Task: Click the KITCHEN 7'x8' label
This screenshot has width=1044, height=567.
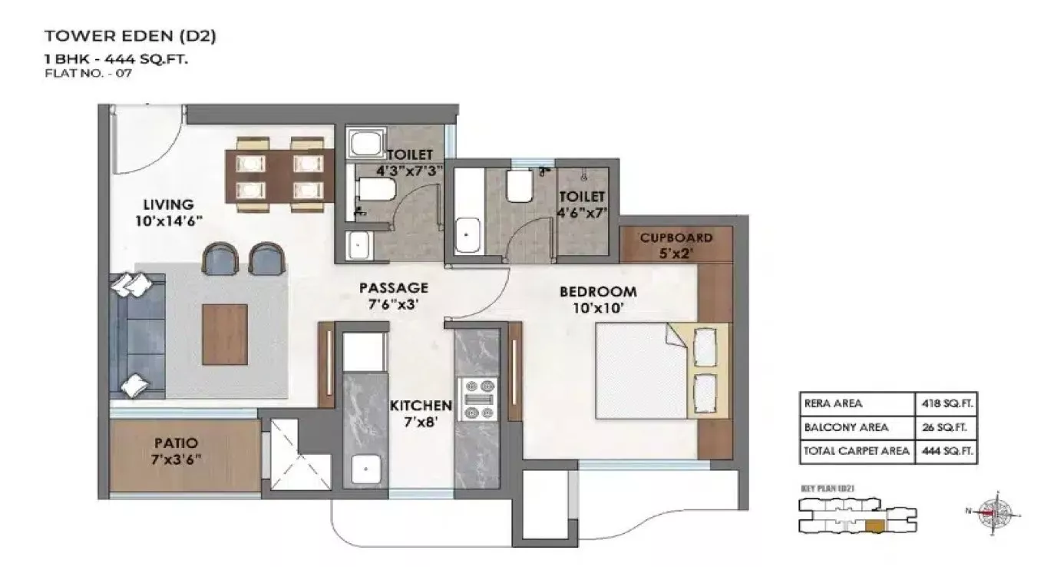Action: (x=420, y=413)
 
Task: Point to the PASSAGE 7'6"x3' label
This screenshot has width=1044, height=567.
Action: (x=393, y=295)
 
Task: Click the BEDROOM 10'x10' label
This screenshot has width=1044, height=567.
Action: (x=597, y=299)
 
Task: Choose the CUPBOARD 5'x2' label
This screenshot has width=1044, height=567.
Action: (x=676, y=244)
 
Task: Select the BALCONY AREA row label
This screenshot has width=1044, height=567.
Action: (x=846, y=427)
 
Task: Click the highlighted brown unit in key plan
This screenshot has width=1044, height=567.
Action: (x=874, y=526)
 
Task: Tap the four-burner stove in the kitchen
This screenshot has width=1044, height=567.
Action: (x=477, y=400)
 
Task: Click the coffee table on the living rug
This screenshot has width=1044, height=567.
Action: (x=224, y=334)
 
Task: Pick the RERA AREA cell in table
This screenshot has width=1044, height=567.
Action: (x=833, y=403)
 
